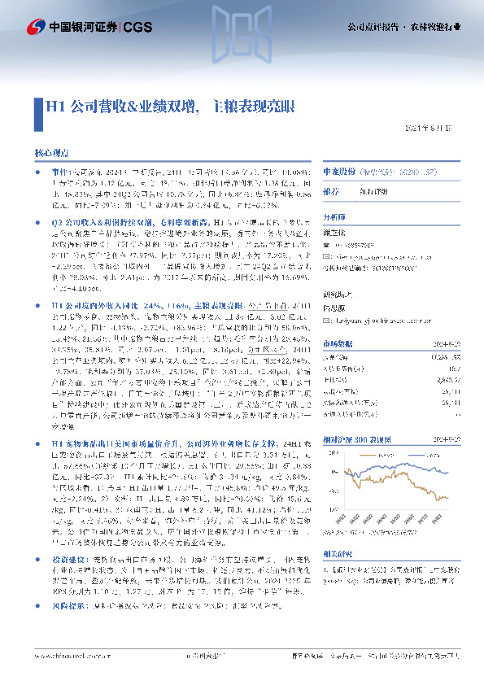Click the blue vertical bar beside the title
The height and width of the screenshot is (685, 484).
click(x=36, y=107)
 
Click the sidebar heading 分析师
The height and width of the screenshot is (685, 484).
click(x=334, y=218)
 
